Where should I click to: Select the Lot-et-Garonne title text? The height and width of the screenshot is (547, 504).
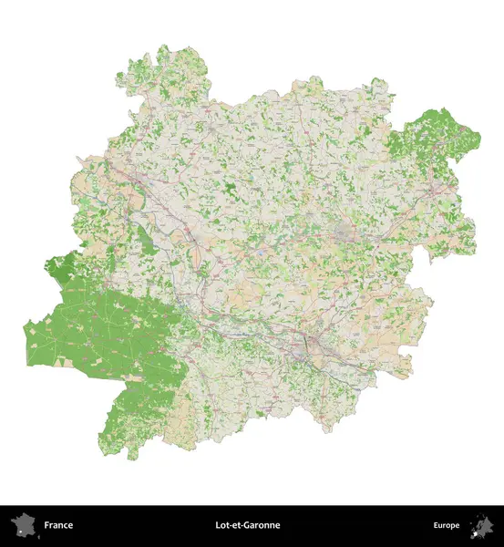[248, 525]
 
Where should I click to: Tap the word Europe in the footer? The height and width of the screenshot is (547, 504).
[446, 525]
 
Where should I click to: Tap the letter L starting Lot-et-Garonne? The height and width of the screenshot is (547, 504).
[218, 525]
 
